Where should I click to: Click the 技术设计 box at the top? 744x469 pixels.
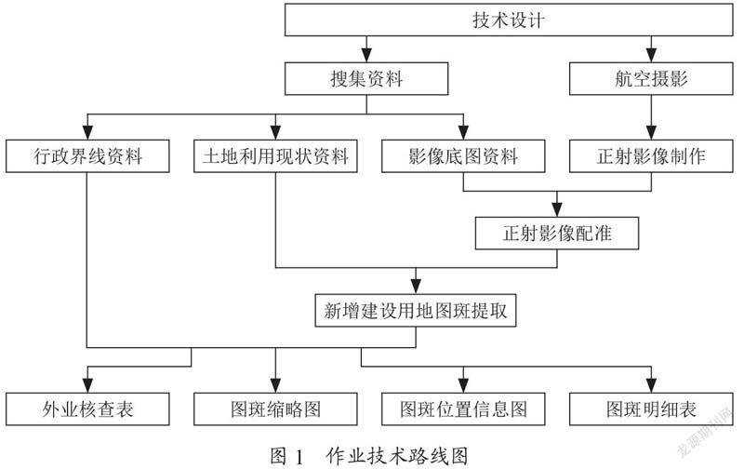509,20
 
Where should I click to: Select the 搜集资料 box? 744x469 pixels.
366,79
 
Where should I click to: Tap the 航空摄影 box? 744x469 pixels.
651,79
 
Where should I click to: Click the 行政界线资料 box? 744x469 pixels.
87,156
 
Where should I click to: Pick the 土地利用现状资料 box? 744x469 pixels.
275,156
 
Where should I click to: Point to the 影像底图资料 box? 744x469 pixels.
463,156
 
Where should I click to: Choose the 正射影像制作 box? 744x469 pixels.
651,156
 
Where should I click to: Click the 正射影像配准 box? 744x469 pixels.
557,234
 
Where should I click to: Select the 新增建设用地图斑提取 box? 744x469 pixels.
416,311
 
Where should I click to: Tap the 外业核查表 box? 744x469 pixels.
87,409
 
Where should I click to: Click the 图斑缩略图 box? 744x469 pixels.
275,409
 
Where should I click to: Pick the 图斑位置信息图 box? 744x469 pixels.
463,409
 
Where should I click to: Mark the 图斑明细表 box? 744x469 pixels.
651,409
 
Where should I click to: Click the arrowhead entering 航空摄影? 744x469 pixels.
652,56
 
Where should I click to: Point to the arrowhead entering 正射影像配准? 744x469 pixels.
557,210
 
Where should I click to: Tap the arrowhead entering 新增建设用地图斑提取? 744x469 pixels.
416,288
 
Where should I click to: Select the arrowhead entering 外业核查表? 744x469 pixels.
87,386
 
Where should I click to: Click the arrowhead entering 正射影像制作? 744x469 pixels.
652,133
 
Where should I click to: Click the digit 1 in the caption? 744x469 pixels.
299,457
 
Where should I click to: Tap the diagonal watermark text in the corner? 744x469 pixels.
706,433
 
